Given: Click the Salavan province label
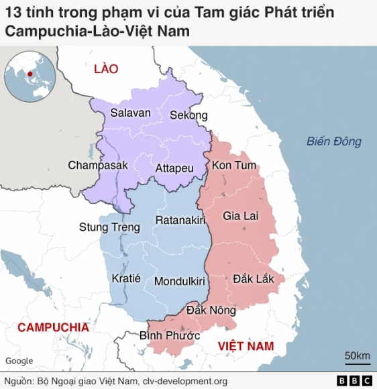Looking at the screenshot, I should (131, 113).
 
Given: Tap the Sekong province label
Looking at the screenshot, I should (188, 115).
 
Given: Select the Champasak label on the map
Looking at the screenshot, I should (97, 165).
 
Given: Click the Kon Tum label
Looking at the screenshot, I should (234, 166).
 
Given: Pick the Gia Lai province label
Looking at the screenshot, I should (240, 217).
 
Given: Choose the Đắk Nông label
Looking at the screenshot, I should (211, 311).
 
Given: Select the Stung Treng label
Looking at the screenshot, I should (109, 227).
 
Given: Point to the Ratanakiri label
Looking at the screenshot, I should (180, 221).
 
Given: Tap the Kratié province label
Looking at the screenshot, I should (126, 279).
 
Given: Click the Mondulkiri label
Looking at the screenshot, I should (179, 282).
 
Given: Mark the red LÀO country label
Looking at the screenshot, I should (106, 68).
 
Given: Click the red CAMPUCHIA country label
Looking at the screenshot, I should (53, 327).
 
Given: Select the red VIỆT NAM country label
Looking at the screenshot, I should (246, 345).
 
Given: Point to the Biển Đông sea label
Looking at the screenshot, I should (334, 142).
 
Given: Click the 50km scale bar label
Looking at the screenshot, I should (357, 355).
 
